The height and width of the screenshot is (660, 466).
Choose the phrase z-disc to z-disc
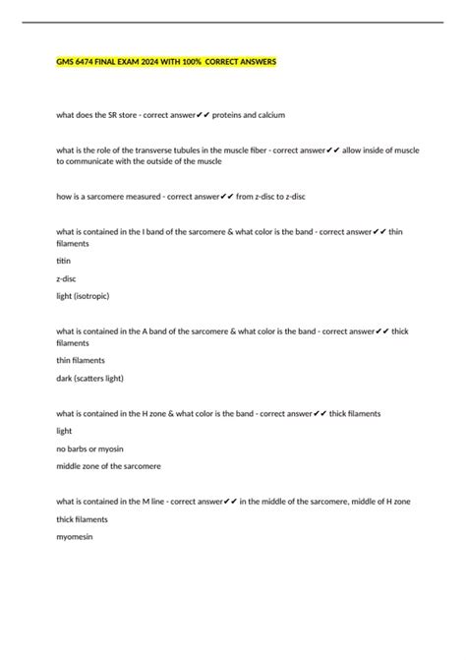click(x=271, y=196)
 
